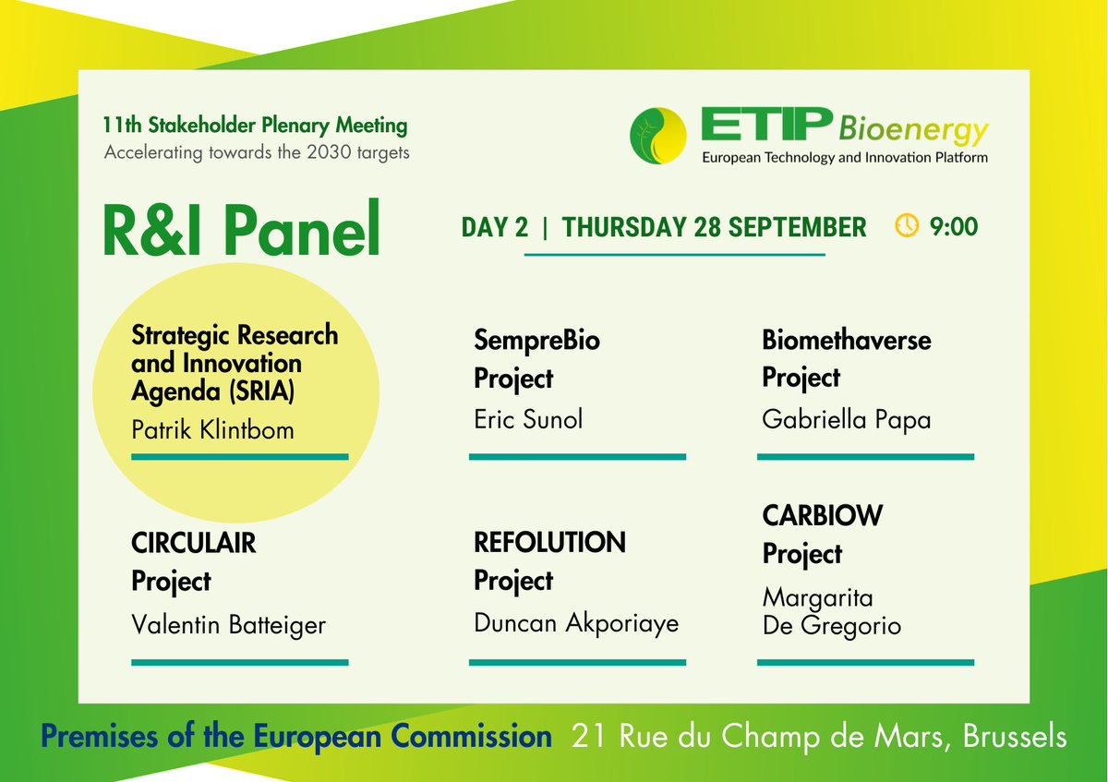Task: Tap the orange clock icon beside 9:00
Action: click(x=907, y=226)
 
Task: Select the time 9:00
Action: click(x=954, y=226)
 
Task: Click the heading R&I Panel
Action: click(x=242, y=230)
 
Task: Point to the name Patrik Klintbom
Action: click(x=212, y=429)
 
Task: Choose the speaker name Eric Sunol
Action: click(x=528, y=421)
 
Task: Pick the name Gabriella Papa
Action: click(x=846, y=420)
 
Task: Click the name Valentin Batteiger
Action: click(x=229, y=625)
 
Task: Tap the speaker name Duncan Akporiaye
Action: click(x=576, y=623)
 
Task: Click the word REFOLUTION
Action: click(x=549, y=542)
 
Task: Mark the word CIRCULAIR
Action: click(x=194, y=543)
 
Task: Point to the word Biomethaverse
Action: click(x=846, y=340)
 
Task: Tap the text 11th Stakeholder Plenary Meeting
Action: click(x=256, y=125)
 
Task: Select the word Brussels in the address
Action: click(x=1015, y=737)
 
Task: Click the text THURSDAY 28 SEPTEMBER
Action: click(x=714, y=227)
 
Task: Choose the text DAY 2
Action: click(x=495, y=227)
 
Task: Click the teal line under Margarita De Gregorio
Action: click(x=865, y=662)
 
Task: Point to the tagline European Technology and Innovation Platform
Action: click(x=845, y=158)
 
